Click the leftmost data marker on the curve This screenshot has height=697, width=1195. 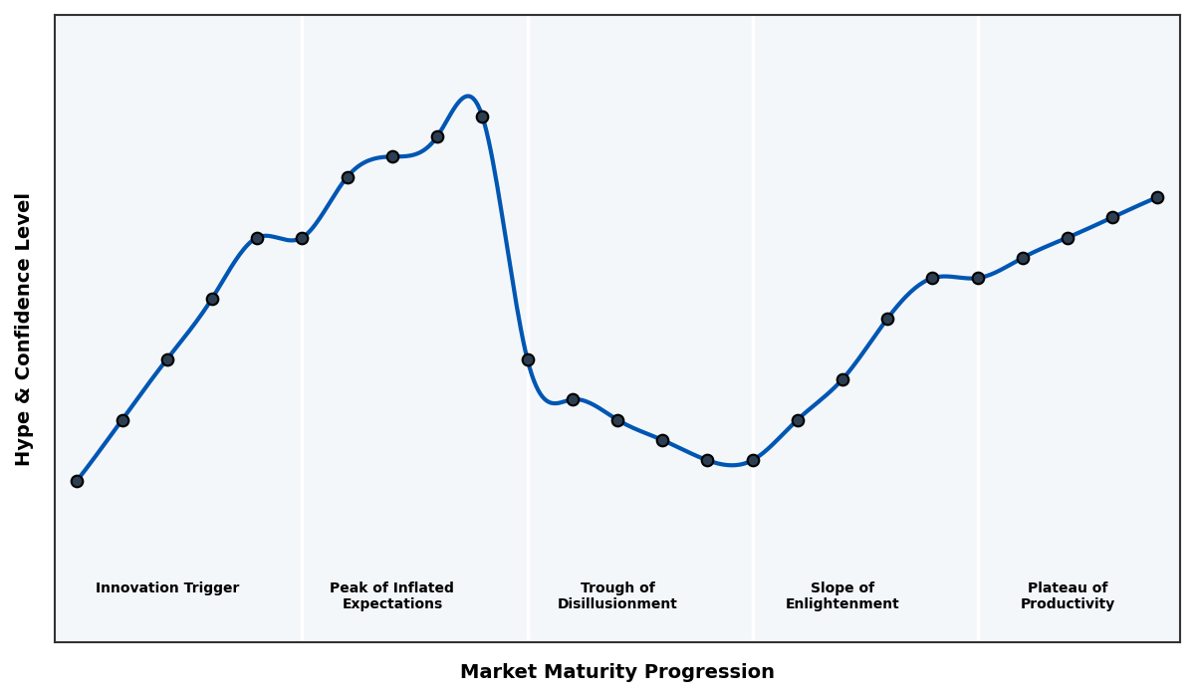[x=77, y=481]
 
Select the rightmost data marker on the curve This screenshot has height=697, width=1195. [x=1157, y=197]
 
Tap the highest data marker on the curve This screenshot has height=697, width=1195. [x=482, y=116]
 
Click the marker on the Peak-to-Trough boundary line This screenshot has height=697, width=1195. [x=528, y=359]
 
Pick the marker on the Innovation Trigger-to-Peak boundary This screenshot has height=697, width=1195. [x=302, y=238]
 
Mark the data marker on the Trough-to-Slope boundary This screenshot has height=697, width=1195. [x=753, y=460]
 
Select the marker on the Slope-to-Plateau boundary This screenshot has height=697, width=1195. [x=978, y=278]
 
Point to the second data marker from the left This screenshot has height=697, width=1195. [x=122, y=420]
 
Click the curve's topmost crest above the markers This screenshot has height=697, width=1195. [x=467, y=97]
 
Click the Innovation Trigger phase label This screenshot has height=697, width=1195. [x=167, y=588]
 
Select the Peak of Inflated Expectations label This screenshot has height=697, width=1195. [x=391, y=596]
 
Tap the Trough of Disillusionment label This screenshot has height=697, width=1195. [x=617, y=596]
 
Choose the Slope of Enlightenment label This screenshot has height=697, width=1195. [x=842, y=596]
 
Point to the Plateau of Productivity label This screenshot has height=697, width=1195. [x=1068, y=596]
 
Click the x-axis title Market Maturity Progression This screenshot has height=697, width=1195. [x=617, y=672]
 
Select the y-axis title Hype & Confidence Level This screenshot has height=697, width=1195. [x=24, y=329]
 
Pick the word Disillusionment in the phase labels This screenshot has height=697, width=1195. [x=617, y=604]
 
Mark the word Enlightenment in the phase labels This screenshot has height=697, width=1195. [x=842, y=604]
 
